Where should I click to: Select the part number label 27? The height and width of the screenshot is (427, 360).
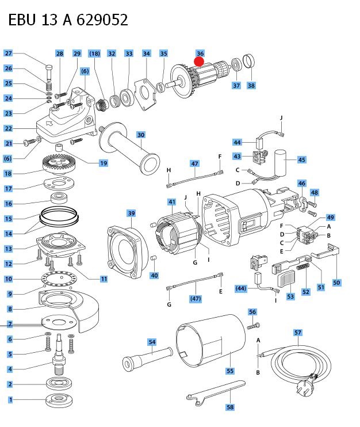[x=8, y=54]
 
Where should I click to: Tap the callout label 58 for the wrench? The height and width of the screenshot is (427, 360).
[x=229, y=407]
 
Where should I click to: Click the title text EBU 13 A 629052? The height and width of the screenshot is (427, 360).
[x=68, y=20]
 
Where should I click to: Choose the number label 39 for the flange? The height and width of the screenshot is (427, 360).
[x=131, y=213]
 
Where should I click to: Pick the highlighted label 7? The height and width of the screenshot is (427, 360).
[x=9, y=324]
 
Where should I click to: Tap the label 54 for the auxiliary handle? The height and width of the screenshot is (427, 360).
[x=152, y=342]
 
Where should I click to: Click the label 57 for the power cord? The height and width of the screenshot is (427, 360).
[x=297, y=333]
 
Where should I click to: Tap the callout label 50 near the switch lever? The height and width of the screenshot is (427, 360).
[x=336, y=283]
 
